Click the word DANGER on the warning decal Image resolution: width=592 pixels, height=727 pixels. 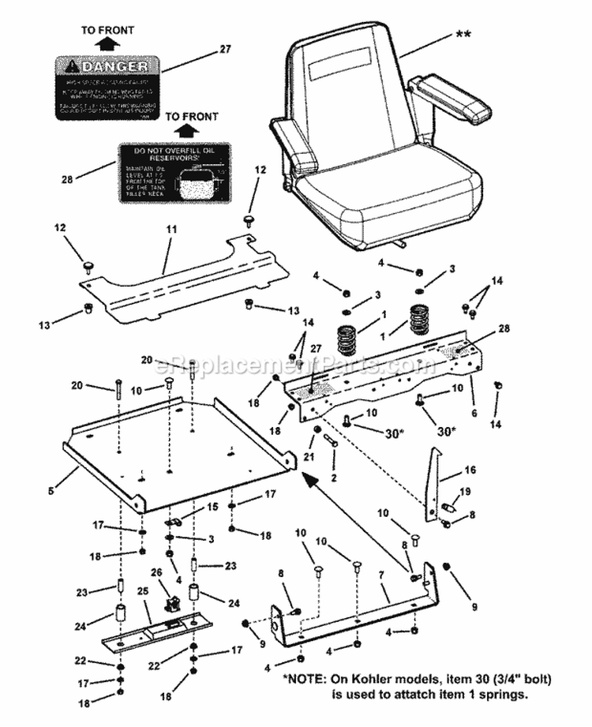pos(114,66)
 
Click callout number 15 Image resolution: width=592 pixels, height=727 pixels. pos(212,507)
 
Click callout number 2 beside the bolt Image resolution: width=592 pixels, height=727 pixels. pos(333,478)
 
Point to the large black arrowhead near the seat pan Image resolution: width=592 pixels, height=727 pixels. pos(310,476)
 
